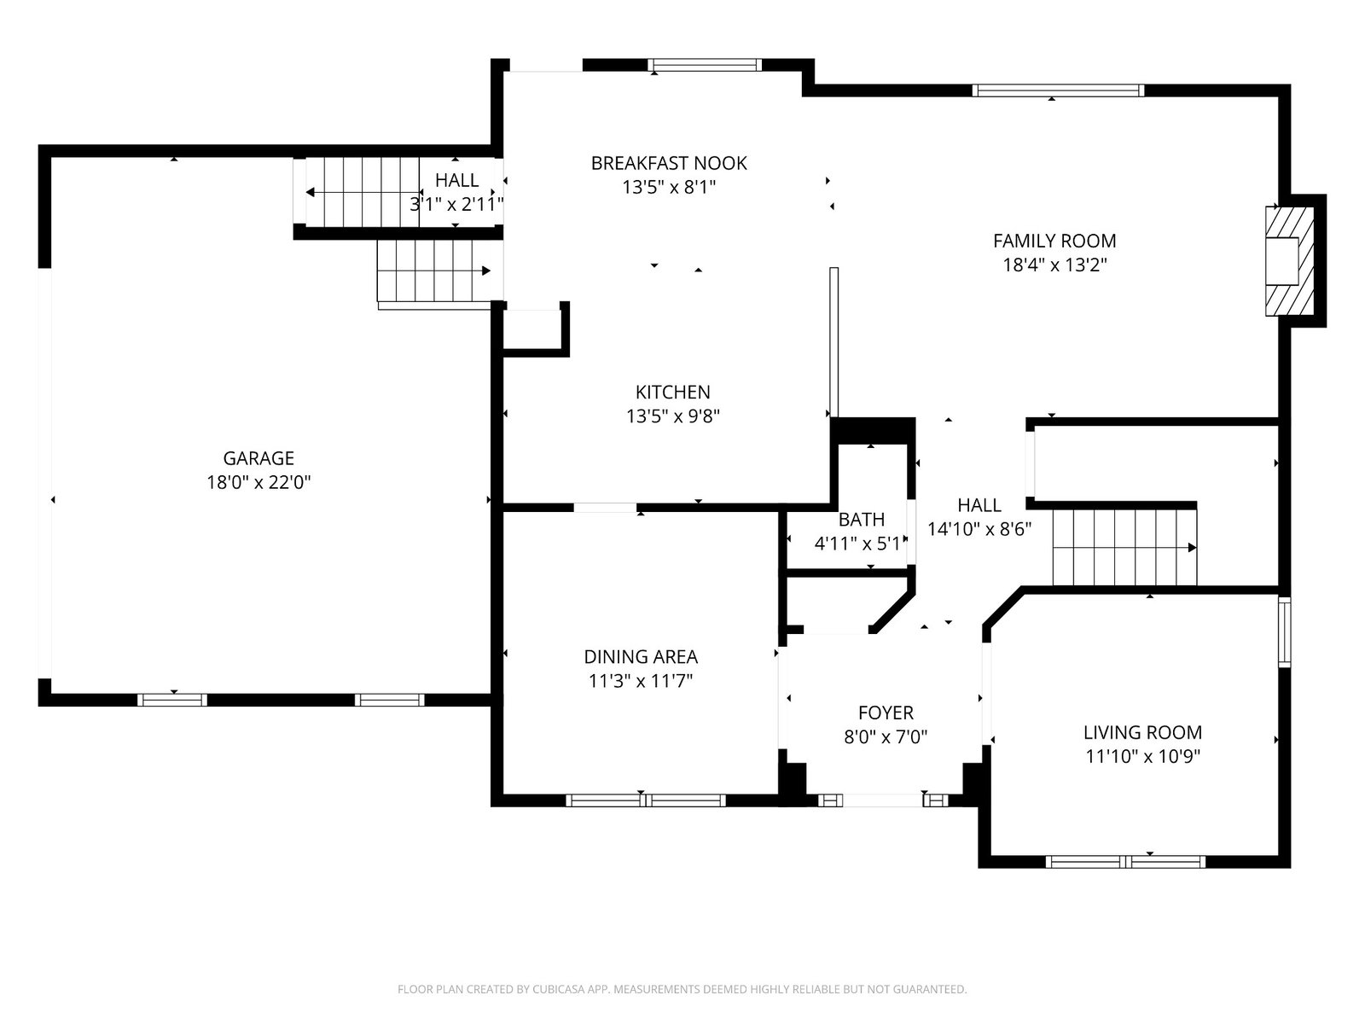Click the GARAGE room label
click(x=258, y=458)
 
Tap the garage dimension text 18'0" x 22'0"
click(x=258, y=482)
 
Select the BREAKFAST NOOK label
click(x=669, y=164)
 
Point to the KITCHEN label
click(x=672, y=393)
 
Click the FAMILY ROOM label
click(x=1054, y=241)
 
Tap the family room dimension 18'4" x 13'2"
click(x=1054, y=265)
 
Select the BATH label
click(x=862, y=519)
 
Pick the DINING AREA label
click(x=641, y=656)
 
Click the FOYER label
click(x=886, y=713)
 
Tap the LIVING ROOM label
click(x=1142, y=732)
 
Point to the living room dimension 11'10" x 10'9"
click(x=1142, y=757)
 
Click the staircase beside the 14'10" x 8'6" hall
click(x=1124, y=548)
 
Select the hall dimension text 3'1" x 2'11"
click(x=456, y=204)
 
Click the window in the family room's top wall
click(x=1058, y=90)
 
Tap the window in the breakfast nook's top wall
click(x=705, y=65)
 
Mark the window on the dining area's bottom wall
click(x=646, y=800)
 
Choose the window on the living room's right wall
click(x=1284, y=632)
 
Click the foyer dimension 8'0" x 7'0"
click(x=886, y=737)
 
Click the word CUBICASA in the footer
click(x=559, y=989)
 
